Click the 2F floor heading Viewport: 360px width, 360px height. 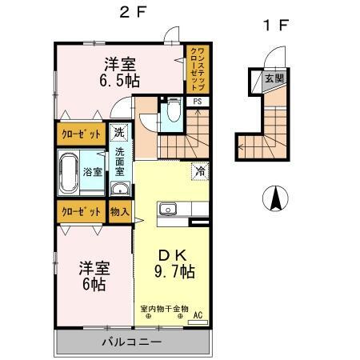pyautogui.click(x=133, y=12)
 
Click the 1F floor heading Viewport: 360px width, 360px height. pyautogui.click(x=276, y=26)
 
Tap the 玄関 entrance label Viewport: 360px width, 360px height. pyautogui.click(x=274, y=78)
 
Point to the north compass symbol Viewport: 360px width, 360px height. pyautogui.click(x=275, y=198)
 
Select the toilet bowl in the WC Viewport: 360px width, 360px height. pyautogui.click(x=174, y=110)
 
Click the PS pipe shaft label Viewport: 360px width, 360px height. pyautogui.click(x=198, y=102)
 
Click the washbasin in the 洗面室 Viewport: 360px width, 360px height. pyautogui.click(x=120, y=189)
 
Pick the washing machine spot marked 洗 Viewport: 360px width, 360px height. pyautogui.click(x=119, y=132)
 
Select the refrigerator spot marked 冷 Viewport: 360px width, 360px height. pyautogui.click(x=200, y=171)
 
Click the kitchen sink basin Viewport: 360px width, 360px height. pyautogui.click(x=168, y=209)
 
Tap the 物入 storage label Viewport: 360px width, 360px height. pyautogui.click(x=120, y=212)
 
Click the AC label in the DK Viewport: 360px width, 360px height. pyautogui.click(x=198, y=315)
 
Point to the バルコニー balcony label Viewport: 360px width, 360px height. pyautogui.click(x=132, y=342)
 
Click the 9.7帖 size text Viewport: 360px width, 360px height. pyautogui.click(x=174, y=271)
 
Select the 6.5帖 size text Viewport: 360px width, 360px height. pyautogui.click(x=120, y=80)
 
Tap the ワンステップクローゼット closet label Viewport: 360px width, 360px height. pyautogui.click(x=198, y=69)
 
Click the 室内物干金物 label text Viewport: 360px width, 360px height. pyautogui.click(x=165, y=309)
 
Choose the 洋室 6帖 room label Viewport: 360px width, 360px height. pyautogui.click(x=94, y=276)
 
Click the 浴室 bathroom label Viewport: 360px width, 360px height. pyautogui.click(x=93, y=172)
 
